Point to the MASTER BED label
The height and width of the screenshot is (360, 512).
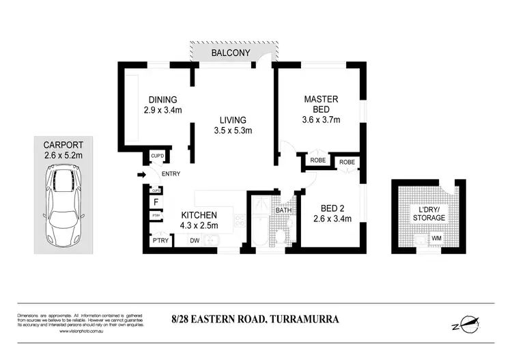tap(322, 105)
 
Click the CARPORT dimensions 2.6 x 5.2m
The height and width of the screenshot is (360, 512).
tap(63, 156)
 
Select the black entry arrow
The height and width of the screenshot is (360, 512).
tap(142, 176)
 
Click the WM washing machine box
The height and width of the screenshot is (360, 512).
tap(436, 238)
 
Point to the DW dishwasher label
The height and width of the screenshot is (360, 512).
tap(195, 240)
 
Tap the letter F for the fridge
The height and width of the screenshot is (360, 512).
tap(156, 202)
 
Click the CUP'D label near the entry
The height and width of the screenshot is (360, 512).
tap(158, 157)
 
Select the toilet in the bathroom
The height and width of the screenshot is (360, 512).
tap(281, 235)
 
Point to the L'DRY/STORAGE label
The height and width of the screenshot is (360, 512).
tap(429, 213)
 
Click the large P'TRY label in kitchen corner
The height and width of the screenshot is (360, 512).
tap(160, 240)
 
